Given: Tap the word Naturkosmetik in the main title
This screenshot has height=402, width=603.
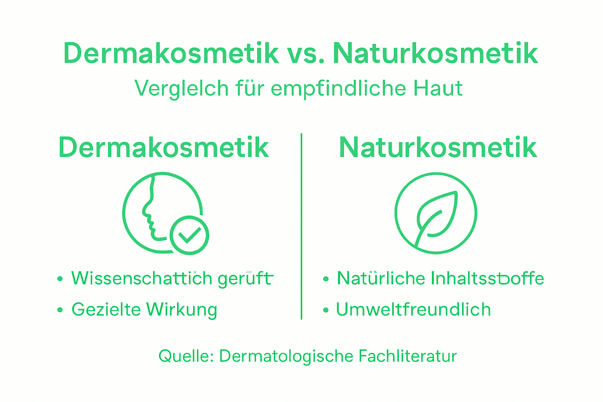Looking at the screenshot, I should [x=435, y=53].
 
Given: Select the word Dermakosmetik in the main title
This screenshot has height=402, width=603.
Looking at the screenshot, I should [x=171, y=53].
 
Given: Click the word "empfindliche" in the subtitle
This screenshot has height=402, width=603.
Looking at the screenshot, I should [x=338, y=88].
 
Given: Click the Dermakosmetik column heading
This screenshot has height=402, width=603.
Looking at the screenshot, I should [x=164, y=148].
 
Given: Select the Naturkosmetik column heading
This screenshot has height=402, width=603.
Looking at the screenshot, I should [x=438, y=148].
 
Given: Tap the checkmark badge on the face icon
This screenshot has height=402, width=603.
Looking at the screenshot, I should [x=189, y=235].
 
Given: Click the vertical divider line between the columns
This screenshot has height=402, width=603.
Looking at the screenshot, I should [x=301, y=226].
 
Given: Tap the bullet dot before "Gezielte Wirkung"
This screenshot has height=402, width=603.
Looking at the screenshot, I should [x=60, y=310].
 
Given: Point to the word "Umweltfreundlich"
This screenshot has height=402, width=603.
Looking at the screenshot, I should [x=413, y=310].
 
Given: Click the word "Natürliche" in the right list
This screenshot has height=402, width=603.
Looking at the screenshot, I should [x=381, y=278].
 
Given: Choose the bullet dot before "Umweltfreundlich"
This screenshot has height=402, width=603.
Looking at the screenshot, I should [x=325, y=310].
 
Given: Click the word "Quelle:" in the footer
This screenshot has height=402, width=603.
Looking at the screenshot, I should [x=186, y=356].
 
